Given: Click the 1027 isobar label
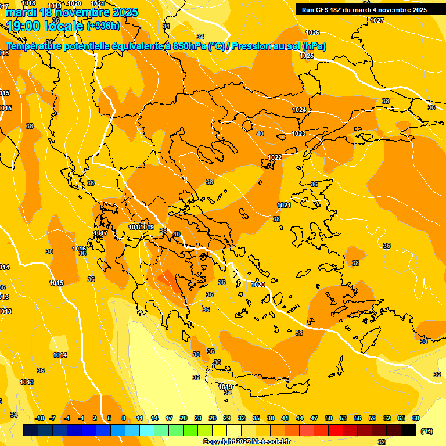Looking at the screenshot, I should coord(377,20).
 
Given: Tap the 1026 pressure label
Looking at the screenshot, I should coord(312,33).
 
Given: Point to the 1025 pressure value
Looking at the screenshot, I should coord(307,56).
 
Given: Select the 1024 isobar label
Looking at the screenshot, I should coord(299,110).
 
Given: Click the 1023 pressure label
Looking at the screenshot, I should coord(298,134).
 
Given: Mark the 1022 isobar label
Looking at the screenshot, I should coord(275,157).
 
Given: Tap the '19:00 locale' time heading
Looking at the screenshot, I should coord(45,26).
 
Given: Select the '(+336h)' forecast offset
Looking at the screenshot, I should coord(103,26).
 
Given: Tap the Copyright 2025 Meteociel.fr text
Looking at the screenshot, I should coord(246,442).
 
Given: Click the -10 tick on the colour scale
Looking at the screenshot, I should coord(39,418).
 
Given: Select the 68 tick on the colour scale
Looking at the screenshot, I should coord(415,418).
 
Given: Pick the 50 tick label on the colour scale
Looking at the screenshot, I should coord(329,418).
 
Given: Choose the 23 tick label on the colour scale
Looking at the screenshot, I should coord(198,418).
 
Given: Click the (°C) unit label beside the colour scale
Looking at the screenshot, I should coord(427,431).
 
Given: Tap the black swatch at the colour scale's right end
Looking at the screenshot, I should coord(408,430).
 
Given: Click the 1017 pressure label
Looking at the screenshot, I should coord(100,233).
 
